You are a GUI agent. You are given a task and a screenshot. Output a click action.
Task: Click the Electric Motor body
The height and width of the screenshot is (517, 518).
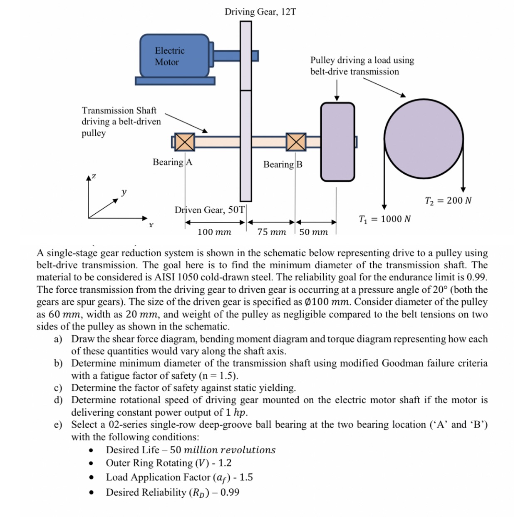[174, 56]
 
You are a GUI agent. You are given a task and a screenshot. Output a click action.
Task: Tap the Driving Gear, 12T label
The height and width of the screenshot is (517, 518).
[260, 12]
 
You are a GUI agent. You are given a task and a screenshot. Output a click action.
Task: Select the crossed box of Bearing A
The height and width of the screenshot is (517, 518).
[184, 142]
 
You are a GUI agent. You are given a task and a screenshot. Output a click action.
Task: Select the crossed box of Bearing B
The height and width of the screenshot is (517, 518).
[296, 142]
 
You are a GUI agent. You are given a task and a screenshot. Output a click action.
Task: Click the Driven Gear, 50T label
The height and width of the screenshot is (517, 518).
[209, 210]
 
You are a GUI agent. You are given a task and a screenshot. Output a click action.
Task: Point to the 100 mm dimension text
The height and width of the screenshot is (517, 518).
[214, 232]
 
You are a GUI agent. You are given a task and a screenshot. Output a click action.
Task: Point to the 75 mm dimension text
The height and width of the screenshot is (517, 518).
[271, 232]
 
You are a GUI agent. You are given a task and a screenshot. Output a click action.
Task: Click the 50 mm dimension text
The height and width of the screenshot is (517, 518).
[313, 232]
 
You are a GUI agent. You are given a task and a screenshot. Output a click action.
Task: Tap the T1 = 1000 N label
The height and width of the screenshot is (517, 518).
[384, 219]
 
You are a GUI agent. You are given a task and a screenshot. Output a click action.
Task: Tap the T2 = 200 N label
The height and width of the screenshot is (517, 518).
[448, 201]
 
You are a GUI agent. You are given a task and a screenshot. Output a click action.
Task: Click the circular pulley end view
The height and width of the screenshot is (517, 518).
[424, 138]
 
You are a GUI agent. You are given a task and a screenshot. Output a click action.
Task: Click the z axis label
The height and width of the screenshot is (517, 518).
[94, 176]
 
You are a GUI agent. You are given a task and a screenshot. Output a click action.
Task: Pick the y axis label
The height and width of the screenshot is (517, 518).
[124, 192]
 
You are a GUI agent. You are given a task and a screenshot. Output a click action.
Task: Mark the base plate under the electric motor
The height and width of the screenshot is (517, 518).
[175, 81]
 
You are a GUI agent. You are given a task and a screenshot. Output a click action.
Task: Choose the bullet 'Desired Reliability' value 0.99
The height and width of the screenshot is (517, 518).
[230, 492]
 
